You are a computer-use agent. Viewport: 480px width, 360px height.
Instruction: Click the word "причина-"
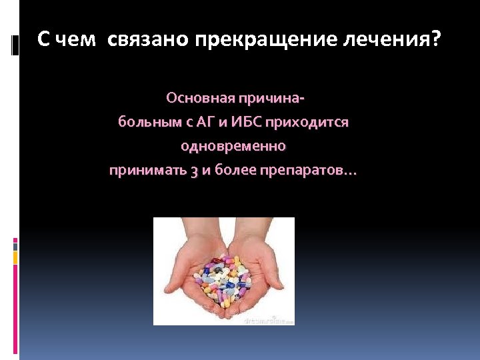[x=273, y=99]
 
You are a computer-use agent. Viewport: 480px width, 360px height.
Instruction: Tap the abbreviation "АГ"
[x=189, y=123]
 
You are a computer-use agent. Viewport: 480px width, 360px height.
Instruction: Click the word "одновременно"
[x=233, y=146]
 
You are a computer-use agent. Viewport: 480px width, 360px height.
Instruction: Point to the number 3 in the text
[x=194, y=171]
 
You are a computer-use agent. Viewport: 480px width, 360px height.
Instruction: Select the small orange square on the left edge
[x=15, y=256]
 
